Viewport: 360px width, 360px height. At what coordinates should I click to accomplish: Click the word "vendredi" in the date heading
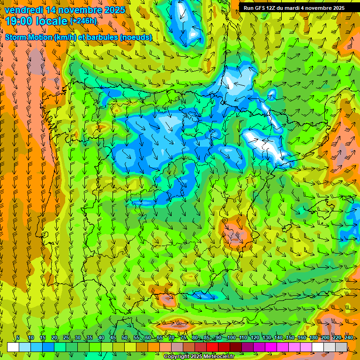tap(23, 9)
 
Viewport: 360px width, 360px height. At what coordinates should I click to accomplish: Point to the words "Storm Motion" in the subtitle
tap(29, 37)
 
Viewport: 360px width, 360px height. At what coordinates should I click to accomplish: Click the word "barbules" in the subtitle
tap(106, 37)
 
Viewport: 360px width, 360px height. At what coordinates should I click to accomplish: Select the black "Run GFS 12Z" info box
tap(294, 7)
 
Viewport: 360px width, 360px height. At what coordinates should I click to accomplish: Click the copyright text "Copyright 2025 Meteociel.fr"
tap(199, 357)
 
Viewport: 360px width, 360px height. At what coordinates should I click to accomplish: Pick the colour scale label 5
tap(18, 337)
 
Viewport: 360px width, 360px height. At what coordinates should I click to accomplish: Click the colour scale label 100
tap(231, 337)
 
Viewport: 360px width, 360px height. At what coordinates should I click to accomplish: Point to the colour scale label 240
tap(349, 337)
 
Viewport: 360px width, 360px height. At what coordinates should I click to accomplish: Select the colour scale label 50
tap(124, 337)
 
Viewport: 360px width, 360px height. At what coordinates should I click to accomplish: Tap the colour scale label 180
tap(314, 337)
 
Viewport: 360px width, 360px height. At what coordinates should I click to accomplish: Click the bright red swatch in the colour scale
tap(212, 347)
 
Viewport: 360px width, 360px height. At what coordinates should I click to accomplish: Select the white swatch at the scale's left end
tap(13, 347)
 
